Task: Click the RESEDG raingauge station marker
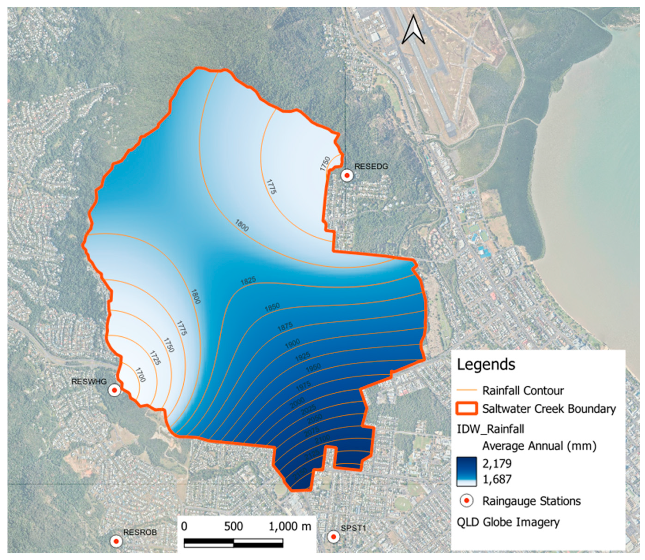(x=347, y=176)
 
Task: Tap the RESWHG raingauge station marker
(x=114, y=390)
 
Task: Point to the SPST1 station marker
(x=333, y=537)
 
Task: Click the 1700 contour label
(x=141, y=375)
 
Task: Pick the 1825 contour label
(x=248, y=280)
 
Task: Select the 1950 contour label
(x=313, y=368)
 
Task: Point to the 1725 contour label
(x=155, y=358)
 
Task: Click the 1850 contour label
(x=272, y=307)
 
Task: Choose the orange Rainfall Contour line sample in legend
(x=467, y=390)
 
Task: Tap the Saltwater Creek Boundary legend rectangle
(x=467, y=408)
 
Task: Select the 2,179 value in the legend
(x=497, y=463)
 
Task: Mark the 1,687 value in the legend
(x=497, y=479)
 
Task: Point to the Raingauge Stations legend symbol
(x=467, y=501)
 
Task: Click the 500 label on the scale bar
(x=233, y=526)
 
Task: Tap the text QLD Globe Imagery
(x=508, y=522)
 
